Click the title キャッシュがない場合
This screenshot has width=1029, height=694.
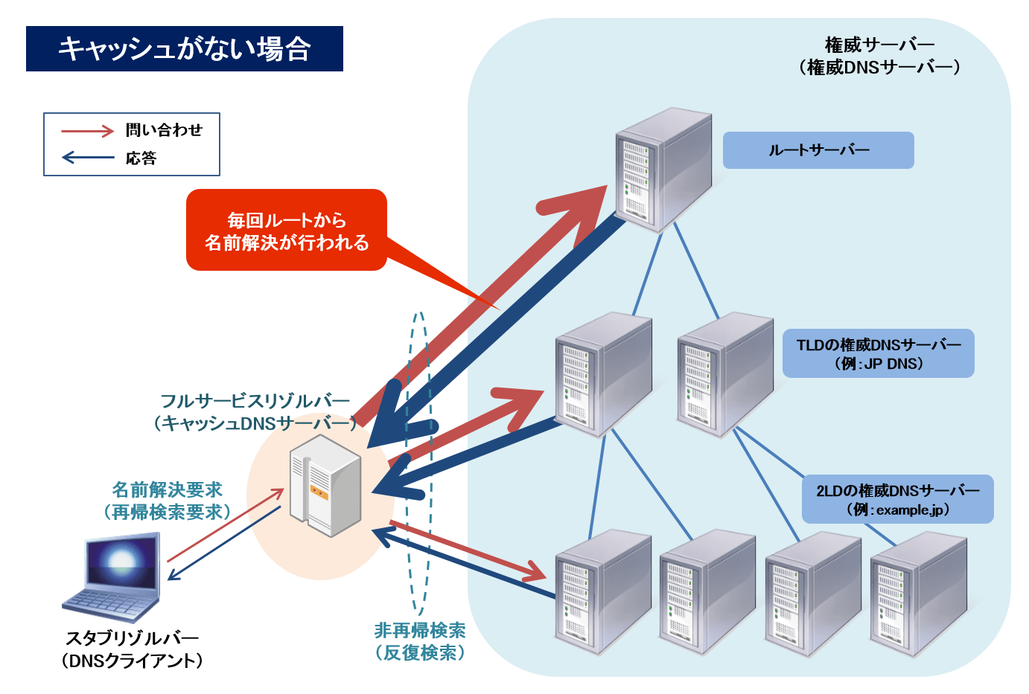click(x=184, y=49)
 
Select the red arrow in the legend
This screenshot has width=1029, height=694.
click(x=87, y=131)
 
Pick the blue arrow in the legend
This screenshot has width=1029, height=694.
click(x=87, y=158)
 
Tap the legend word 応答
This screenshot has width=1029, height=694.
click(x=141, y=158)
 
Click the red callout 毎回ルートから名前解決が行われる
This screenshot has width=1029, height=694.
click(x=287, y=231)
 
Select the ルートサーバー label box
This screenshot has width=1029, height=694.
click(x=818, y=150)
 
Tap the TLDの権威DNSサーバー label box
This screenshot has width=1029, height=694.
click(x=878, y=353)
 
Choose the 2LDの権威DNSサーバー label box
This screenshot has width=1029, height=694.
click(x=897, y=499)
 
